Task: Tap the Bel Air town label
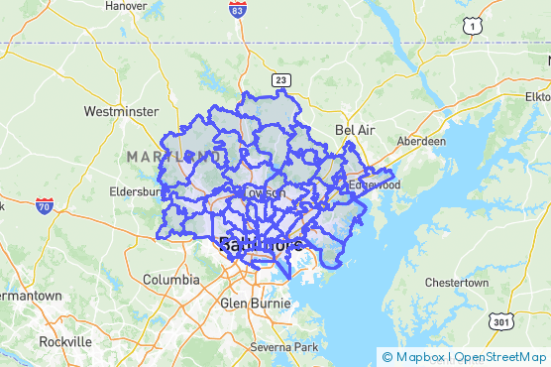(x=357, y=130)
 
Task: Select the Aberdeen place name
(x=421, y=141)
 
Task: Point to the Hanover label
(x=126, y=5)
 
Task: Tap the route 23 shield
(x=282, y=79)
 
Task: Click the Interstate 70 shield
(x=44, y=205)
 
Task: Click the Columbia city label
(x=165, y=280)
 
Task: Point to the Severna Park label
(x=283, y=347)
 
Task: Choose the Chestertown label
(x=456, y=283)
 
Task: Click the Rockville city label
(x=66, y=341)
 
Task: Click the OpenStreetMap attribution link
(x=499, y=356)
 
